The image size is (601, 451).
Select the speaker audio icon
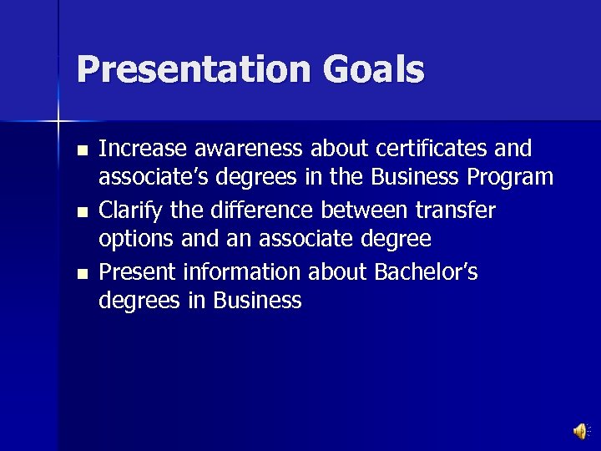pyautogui.click(x=579, y=430)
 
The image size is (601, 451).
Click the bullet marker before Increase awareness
pyautogui.click(x=81, y=151)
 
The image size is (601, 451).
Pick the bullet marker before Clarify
pyautogui.click(x=81, y=212)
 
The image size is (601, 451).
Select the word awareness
pyautogui.click(x=245, y=149)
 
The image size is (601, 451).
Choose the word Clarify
pyautogui.click(x=125, y=210)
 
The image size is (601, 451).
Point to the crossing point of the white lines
pyautogui.click(x=58, y=122)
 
